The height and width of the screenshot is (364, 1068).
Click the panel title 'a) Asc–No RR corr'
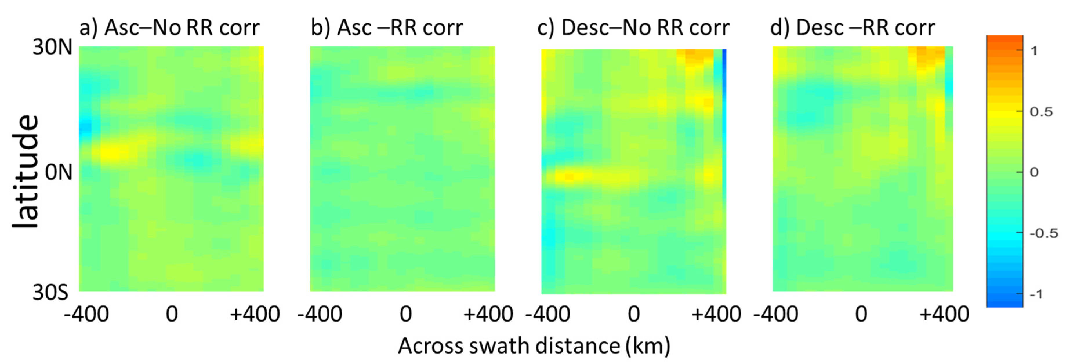[x=169, y=28]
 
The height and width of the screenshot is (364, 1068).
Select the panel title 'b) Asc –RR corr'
[x=387, y=28]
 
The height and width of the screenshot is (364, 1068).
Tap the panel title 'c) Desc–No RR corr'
[x=633, y=28]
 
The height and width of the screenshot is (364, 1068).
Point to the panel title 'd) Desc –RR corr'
[x=853, y=28]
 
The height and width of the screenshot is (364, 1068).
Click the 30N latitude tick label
[x=52, y=47]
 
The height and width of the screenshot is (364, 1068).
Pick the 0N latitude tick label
[x=58, y=172]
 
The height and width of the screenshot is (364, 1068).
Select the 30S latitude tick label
[x=50, y=292]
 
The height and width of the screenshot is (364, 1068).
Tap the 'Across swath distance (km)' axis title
[x=534, y=346]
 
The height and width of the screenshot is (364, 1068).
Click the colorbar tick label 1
[x=1034, y=51]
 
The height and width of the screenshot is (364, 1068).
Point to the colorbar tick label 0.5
[x=1041, y=112]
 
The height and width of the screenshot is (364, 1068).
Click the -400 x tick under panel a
[x=86, y=314]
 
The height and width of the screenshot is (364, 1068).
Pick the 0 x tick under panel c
[x=634, y=314]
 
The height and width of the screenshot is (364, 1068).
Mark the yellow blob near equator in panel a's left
[x=110, y=153]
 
